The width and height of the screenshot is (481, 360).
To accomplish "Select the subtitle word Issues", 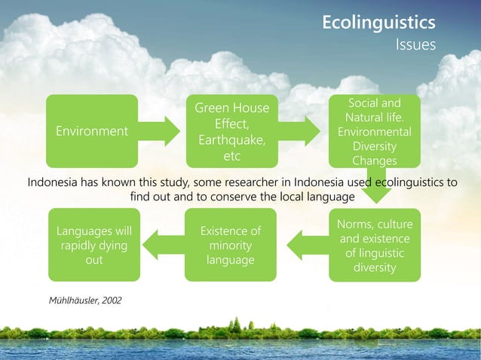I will [416, 45].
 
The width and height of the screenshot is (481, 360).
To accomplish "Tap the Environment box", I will [92, 131].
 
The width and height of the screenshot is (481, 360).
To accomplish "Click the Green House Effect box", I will [232, 131].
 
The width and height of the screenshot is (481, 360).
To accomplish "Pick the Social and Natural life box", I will [375, 131].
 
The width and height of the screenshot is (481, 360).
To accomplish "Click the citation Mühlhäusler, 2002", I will [84, 301].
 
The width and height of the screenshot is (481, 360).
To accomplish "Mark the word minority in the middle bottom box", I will [231, 246].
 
